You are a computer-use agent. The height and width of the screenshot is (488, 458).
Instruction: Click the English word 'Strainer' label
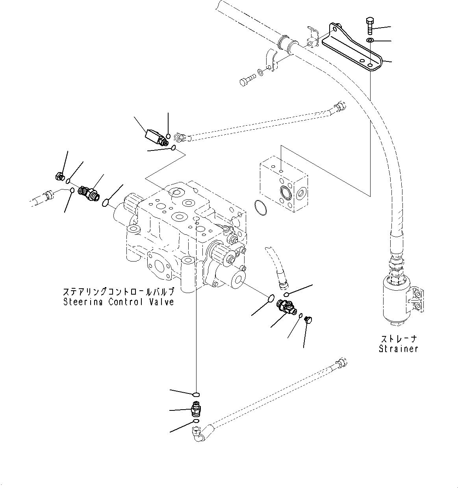click(398, 349)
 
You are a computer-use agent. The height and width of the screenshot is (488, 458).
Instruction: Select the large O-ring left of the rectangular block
click(260, 208)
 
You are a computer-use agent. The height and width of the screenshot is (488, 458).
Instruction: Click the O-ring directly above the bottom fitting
click(196, 394)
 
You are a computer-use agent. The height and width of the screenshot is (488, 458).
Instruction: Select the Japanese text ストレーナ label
click(398, 339)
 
